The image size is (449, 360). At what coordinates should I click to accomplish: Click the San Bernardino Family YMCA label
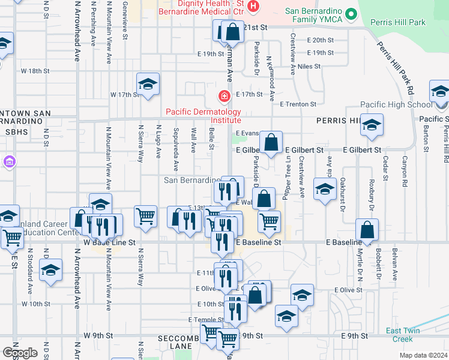(313, 14)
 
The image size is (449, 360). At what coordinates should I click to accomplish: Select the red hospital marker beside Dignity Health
(253, 7)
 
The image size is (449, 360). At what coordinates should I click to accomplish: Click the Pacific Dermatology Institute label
(203, 116)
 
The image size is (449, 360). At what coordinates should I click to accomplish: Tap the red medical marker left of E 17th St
(224, 95)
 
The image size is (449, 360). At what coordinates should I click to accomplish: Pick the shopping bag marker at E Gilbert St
(271, 143)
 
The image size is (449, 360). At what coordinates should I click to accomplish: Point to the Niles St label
(309, 66)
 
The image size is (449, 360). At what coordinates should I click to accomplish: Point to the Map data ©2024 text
(423, 355)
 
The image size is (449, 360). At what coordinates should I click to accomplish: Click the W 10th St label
(35, 304)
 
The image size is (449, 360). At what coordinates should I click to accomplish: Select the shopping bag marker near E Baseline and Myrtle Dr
(367, 230)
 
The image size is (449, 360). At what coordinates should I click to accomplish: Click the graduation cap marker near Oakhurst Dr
(325, 190)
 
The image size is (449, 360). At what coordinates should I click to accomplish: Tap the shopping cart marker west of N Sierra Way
(146, 217)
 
